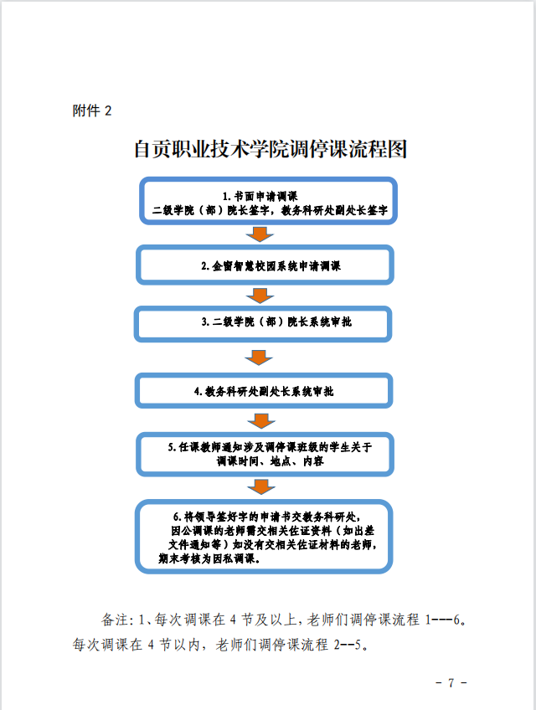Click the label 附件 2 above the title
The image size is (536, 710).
(92, 111)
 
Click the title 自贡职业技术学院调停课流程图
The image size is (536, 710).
(271, 149)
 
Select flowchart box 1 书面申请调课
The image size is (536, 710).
(268, 201)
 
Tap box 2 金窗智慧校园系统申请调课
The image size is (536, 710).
(265, 265)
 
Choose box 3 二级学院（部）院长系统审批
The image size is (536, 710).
(263, 323)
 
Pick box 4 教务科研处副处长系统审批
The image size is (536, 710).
(264, 390)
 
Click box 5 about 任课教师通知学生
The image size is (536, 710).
(265, 454)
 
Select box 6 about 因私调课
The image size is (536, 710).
(264, 536)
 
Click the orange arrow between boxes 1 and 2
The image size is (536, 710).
(260, 234)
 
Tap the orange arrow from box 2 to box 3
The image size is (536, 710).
(260, 296)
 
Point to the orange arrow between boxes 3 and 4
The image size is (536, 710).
(259, 358)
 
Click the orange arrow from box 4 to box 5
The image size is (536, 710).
(261, 420)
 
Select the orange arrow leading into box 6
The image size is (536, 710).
(261, 487)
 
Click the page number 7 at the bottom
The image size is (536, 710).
(451, 682)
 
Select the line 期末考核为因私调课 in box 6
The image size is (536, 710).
(209, 558)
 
